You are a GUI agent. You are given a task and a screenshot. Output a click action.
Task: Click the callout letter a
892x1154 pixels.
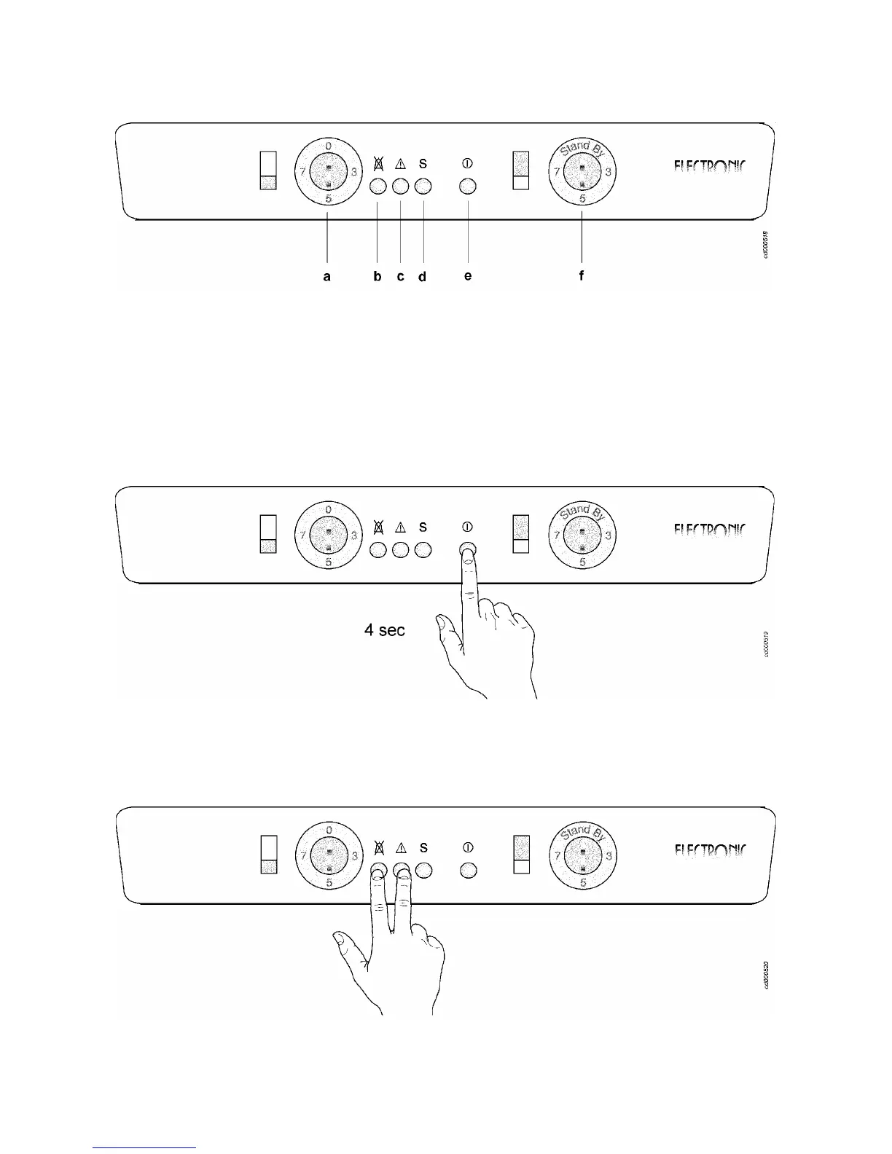pos(327,276)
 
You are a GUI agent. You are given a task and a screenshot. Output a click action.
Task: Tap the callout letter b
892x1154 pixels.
pos(377,276)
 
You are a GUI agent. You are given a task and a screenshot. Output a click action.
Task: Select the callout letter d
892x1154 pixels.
pos(423,277)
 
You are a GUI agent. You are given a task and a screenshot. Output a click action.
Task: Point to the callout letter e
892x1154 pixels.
pos(468,276)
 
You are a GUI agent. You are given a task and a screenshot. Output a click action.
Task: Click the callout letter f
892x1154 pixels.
pos(582,275)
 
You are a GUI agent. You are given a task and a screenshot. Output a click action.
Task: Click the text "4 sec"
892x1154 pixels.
pos(384,630)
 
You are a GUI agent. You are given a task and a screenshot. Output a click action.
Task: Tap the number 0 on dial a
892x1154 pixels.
pos(328,146)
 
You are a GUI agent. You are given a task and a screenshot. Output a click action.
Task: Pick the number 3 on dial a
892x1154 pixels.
pos(354,172)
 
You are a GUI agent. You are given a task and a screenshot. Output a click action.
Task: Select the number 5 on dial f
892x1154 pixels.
pos(582,198)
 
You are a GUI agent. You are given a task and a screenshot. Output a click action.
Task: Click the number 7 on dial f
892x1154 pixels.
pos(556,172)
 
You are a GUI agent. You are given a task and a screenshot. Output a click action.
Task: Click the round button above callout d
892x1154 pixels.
pos(423,187)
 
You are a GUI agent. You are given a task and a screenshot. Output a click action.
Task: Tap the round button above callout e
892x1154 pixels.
pos(468,187)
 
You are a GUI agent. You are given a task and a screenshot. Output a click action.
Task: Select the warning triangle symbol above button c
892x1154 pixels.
pos(400,164)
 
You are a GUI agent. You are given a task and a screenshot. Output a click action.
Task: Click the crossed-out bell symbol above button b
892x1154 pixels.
pos(377,164)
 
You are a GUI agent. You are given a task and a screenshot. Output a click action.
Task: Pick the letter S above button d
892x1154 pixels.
pos(423,164)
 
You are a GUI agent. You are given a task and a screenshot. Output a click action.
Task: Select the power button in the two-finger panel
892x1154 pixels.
pos(469,870)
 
